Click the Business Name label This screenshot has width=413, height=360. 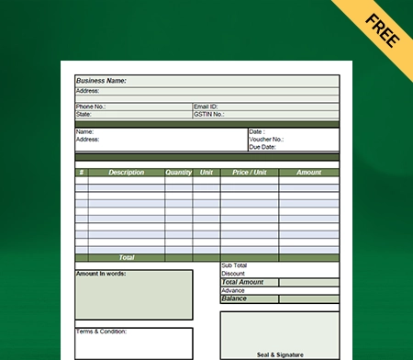coord(101,81)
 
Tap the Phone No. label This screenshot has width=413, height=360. coord(91,107)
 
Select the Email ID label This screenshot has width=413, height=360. coord(207,107)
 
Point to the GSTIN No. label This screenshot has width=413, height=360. coord(210,115)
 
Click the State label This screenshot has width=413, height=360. coord(84,115)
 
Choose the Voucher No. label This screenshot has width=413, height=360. coord(266,140)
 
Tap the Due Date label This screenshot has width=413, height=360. coord(262,147)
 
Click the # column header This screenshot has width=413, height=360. coord(82,172)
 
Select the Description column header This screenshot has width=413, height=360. coord(127,172)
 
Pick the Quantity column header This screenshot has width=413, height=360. coord(179,172)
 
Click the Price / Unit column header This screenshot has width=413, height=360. coord(250,172)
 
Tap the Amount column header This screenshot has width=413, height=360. coord(308,172)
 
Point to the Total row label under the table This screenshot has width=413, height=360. coord(126,258)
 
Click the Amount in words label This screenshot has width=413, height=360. coord(101,274)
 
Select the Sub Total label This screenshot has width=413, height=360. coord(235,265)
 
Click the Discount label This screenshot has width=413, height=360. coord(234,274)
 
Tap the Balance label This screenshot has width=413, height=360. coord(234,298)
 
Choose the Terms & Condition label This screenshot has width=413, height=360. coord(101,332)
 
